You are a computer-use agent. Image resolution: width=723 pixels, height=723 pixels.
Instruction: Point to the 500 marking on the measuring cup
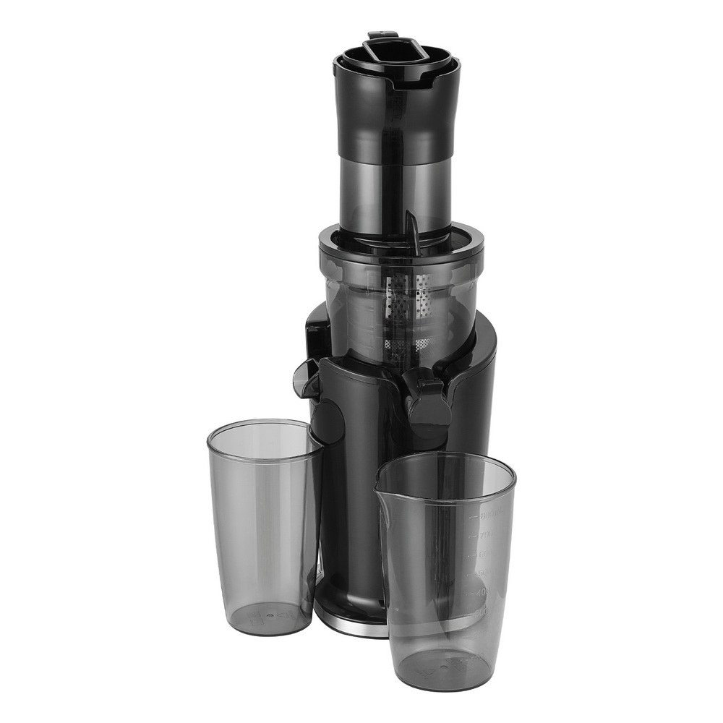coord(482,573)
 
